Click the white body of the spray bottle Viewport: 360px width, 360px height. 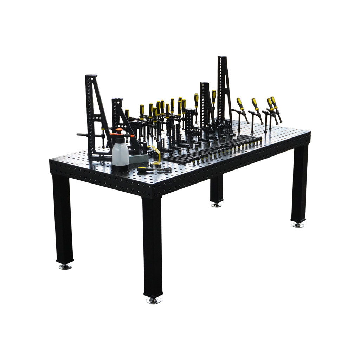[x=120, y=155]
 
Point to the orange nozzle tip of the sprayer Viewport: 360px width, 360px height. [x=132, y=136]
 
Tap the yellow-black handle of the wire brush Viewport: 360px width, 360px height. [x=145, y=169]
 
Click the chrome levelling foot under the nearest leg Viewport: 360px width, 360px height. [x=153, y=301]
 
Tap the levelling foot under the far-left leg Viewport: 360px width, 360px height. [x=65, y=267]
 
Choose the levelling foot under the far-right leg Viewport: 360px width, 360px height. [x=298, y=225]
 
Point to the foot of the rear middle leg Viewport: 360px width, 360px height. [x=216, y=205]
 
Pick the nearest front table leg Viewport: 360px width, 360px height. [x=153, y=246]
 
